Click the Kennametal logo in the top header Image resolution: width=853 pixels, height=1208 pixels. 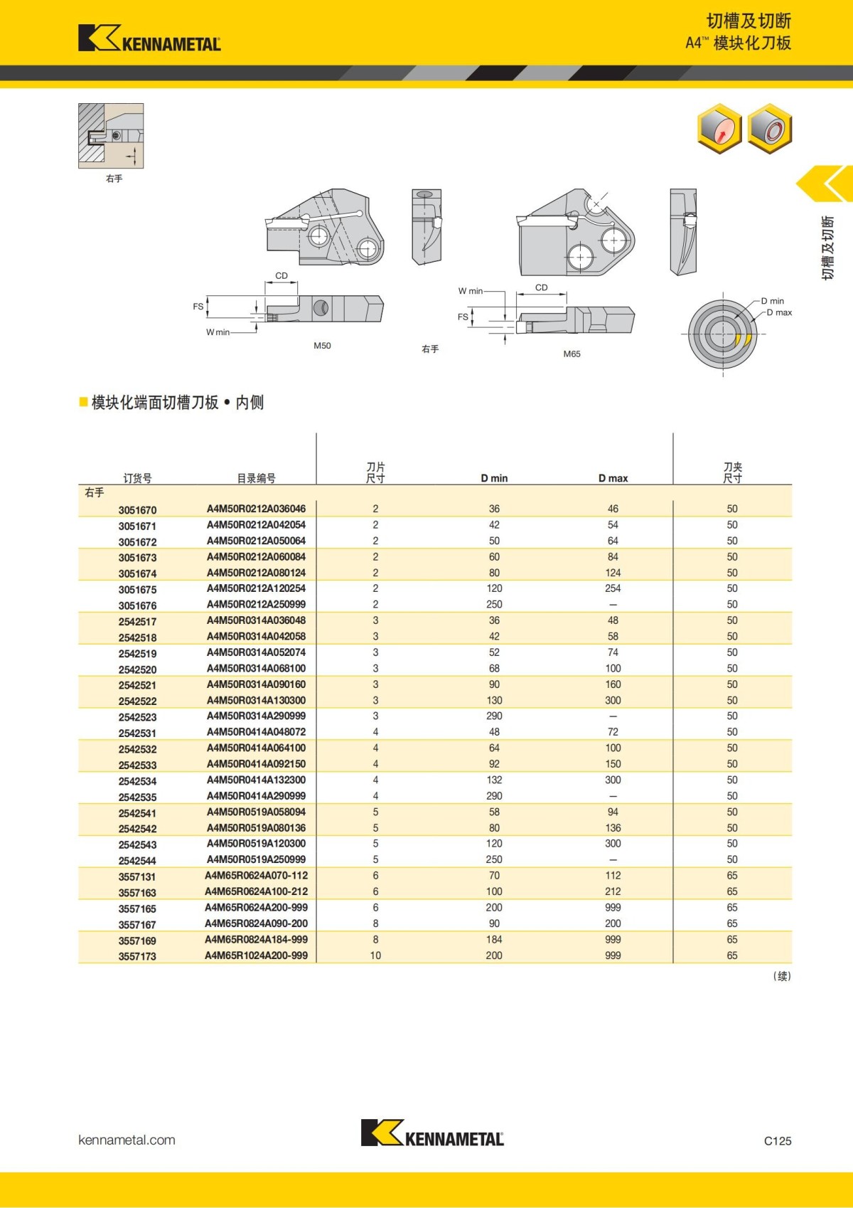pyautogui.click(x=149, y=38)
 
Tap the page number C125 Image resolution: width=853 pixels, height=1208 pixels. pyautogui.click(x=777, y=1140)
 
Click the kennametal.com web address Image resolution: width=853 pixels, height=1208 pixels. pyautogui.click(x=127, y=1140)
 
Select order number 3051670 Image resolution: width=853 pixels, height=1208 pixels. pyautogui.click(x=137, y=510)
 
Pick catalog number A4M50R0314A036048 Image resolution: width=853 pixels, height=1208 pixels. pyautogui.click(x=256, y=620)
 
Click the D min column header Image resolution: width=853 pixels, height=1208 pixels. pyautogui.click(x=494, y=478)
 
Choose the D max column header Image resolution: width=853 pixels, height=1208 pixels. pyautogui.click(x=613, y=478)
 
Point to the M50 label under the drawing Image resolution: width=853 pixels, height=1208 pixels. pyautogui.click(x=322, y=346)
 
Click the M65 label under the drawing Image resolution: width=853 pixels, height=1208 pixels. pyautogui.click(x=572, y=354)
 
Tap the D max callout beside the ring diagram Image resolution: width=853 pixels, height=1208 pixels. pyautogui.click(x=778, y=312)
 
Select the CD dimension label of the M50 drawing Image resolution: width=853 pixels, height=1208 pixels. pyautogui.click(x=281, y=275)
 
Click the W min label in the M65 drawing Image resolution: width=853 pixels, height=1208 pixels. pyautogui.click(x=470, y=291)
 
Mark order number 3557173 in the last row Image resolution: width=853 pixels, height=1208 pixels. pyautogui.click(x=137, y=957)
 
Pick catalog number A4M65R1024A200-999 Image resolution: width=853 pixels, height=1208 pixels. pyautogui.click(x=256, y=955)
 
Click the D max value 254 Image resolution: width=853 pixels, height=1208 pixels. pyautogui.click(x=613, y=588)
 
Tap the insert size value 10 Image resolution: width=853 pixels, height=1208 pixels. pyautogui.click(x=375, y=955)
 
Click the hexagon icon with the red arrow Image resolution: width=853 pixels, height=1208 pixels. pyautogui.click(x=719, y=128)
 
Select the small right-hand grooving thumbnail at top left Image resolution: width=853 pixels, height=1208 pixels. pyautogui.click(x=111, y=136)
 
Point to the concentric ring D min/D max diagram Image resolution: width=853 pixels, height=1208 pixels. pyautogui.click(x=723, y=334)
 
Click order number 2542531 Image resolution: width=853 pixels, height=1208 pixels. pyautogui.click(x=137, y=733)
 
